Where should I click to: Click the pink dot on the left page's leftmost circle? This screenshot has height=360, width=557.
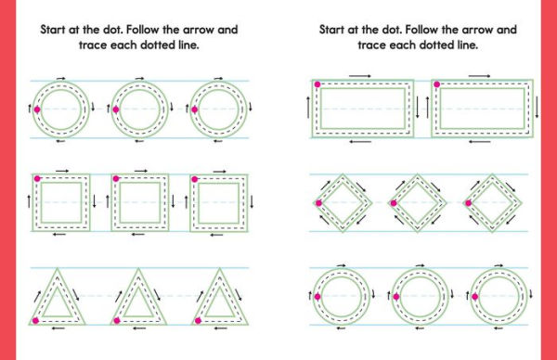[36, 109]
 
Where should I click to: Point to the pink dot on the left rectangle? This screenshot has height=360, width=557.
[317, 84]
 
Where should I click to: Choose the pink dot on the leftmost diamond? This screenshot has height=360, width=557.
[318, 202]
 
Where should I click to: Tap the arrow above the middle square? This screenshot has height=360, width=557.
[141, 171]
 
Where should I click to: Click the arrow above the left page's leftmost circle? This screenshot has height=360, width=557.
[61, 79]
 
